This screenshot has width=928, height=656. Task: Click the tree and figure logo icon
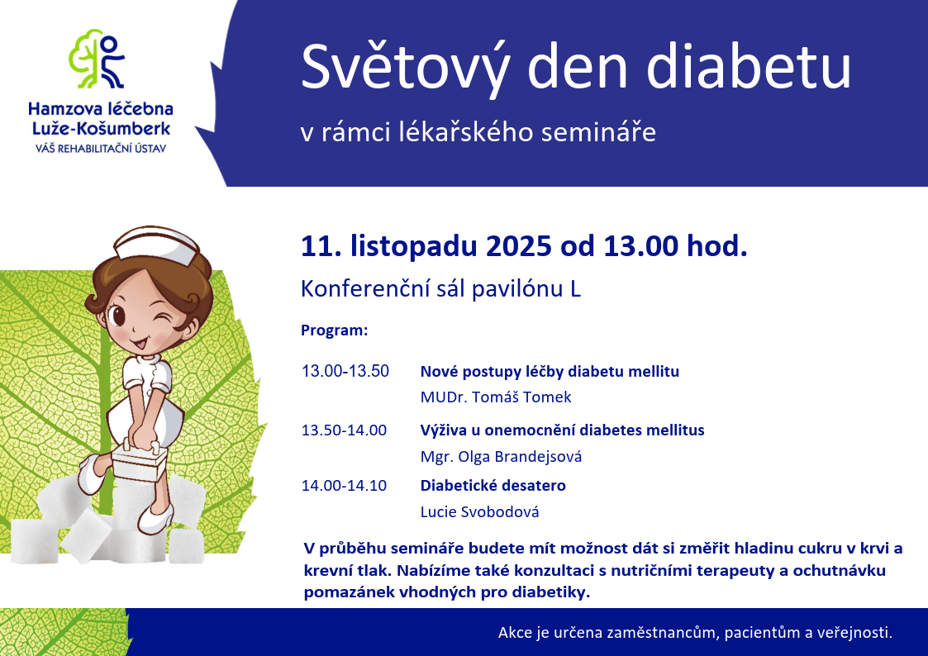[x=97, y=59]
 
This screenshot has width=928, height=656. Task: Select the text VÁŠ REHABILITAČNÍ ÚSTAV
[x=101, y=149]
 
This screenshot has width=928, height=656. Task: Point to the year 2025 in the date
[x=519, y=245]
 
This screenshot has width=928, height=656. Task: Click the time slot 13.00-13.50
[x=345, y=372]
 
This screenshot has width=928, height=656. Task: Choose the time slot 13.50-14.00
[x=344, y=430]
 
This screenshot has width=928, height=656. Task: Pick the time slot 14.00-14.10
[x=344, y=486]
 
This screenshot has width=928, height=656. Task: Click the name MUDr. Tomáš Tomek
[x=496, y=397]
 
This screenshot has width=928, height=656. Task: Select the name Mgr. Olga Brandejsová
[x=502, y=457]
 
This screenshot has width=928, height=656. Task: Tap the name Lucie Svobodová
[x=479, y=511]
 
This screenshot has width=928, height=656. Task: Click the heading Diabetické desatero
[x=493, y=486]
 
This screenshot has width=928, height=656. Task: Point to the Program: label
[x=335, y=330]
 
